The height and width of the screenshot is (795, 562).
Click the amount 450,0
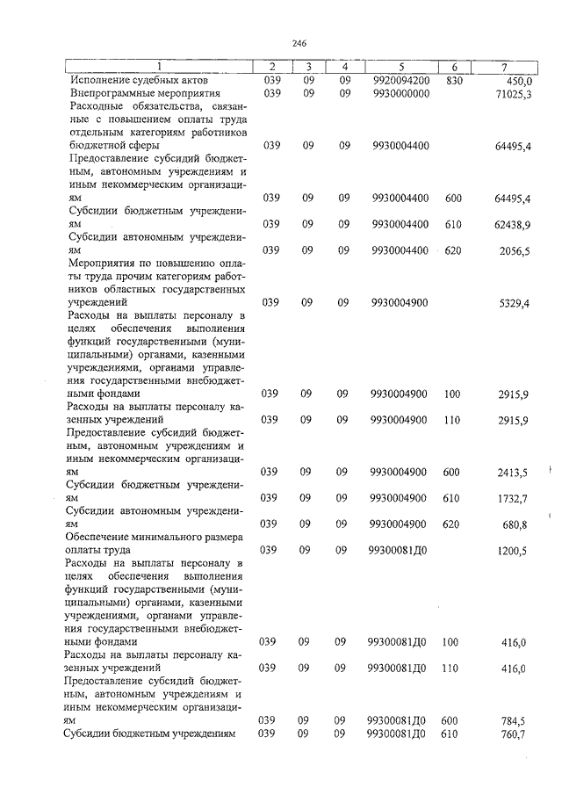514,80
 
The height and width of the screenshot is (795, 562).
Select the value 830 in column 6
453,80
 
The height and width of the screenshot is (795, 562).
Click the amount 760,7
515,734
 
